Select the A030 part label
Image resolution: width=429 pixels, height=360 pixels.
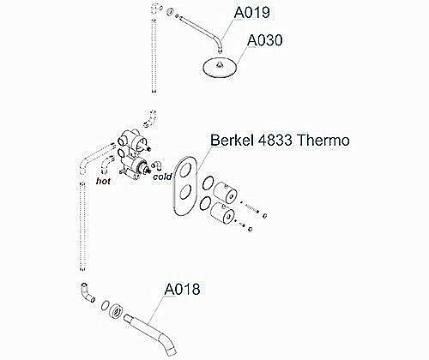[x=265, y=40]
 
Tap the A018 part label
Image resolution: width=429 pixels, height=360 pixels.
[x=182, y=290]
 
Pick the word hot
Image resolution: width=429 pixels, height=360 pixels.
[x=104, y=182]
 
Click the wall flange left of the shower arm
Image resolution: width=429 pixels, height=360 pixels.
[x=172, y=14]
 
